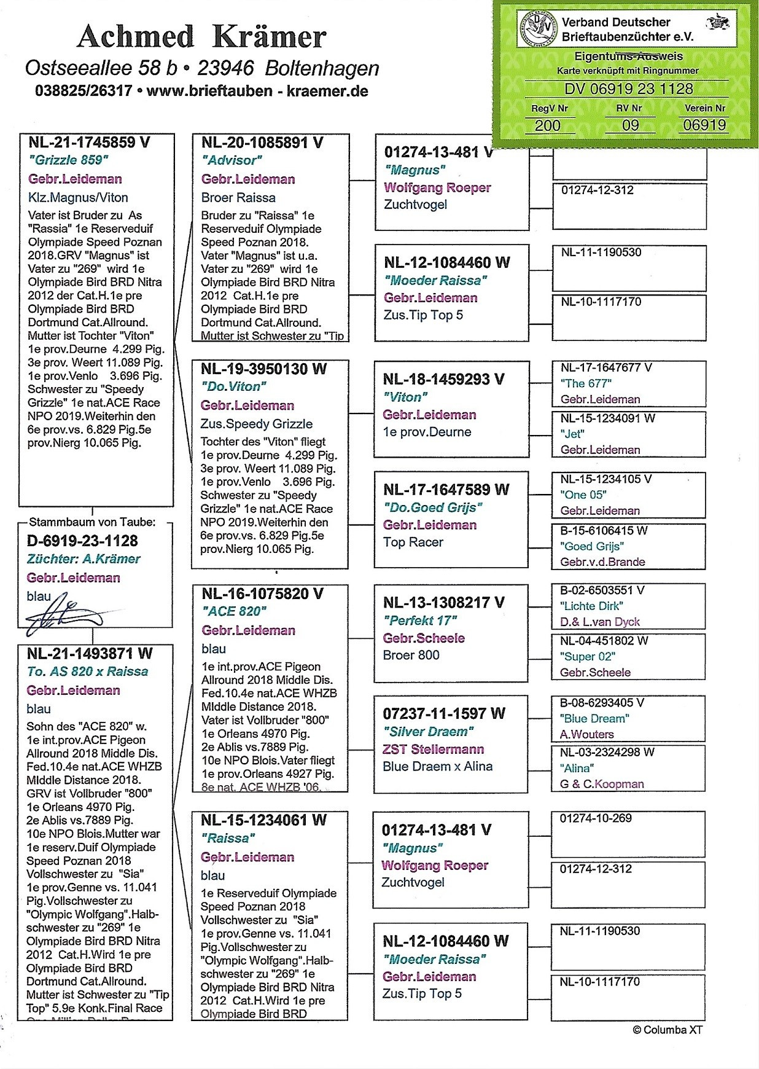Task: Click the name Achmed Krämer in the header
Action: coord(201,37)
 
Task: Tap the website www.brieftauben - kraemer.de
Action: coord(257,92)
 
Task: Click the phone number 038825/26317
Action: coord(84,92)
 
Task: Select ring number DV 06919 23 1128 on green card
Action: coord(628,89)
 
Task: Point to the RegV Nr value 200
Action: coord(547,126)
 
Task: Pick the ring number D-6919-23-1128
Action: coord(82,541)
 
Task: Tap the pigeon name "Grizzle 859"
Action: coord(68,160)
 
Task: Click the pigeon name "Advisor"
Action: coord(232,160)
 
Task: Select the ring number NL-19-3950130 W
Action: coord(263,369)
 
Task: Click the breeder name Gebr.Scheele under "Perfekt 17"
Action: coord(424,638)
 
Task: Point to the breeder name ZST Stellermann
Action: coord(433,750)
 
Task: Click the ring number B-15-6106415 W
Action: coord(604,530)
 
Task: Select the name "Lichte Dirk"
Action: coord(591,606)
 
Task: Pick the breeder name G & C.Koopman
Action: coord(602,784)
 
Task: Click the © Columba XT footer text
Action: coord(668,1030)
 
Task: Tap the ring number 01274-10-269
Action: coord(596,818)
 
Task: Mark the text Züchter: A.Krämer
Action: coord(84,559)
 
